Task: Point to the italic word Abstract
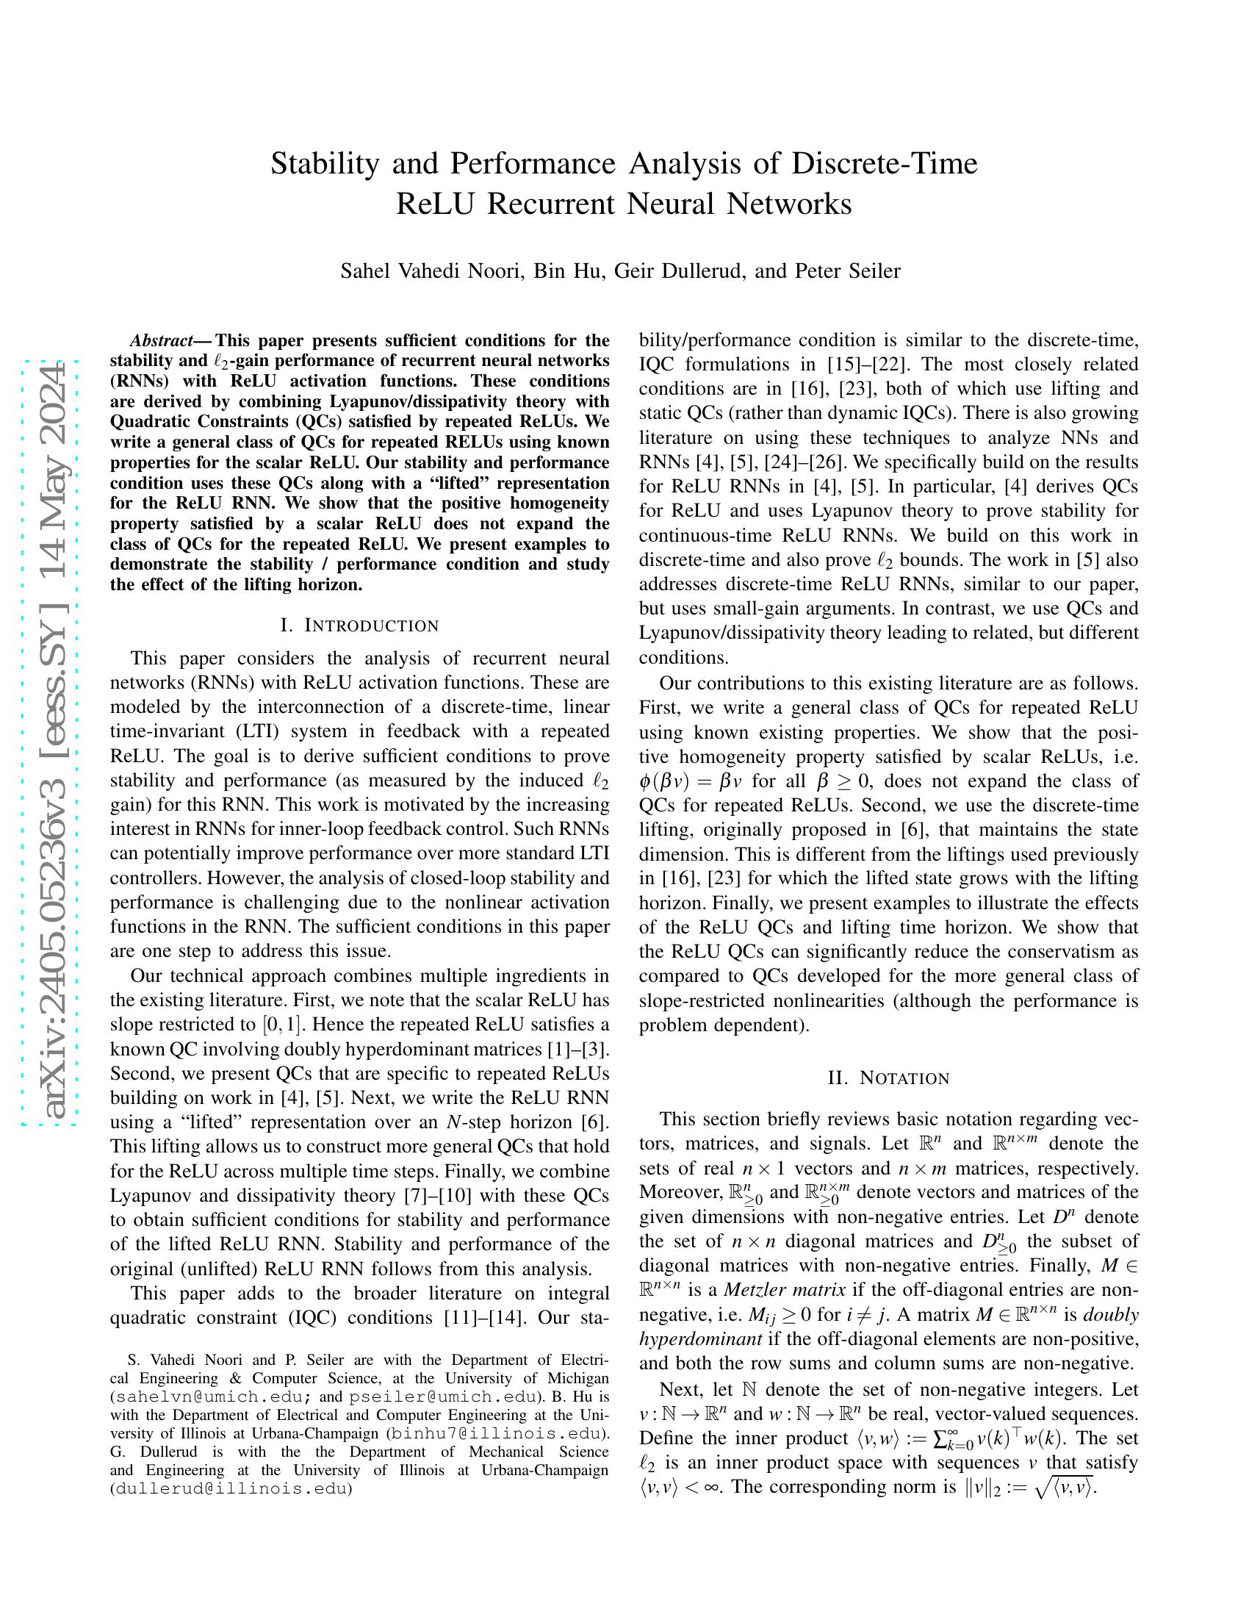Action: pos(162,340)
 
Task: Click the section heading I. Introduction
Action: pos(359,625)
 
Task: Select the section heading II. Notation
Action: pos(888,1078)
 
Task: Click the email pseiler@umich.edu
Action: pos(442,1396)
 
